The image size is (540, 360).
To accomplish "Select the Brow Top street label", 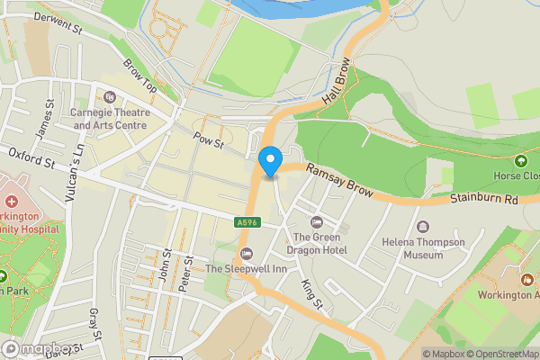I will point(140,76).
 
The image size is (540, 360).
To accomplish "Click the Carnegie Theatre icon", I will point(110,96).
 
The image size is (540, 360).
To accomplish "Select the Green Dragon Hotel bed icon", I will point(315,221).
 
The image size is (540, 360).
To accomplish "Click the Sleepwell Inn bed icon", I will point(247,252).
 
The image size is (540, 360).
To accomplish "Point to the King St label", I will point(311,292).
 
